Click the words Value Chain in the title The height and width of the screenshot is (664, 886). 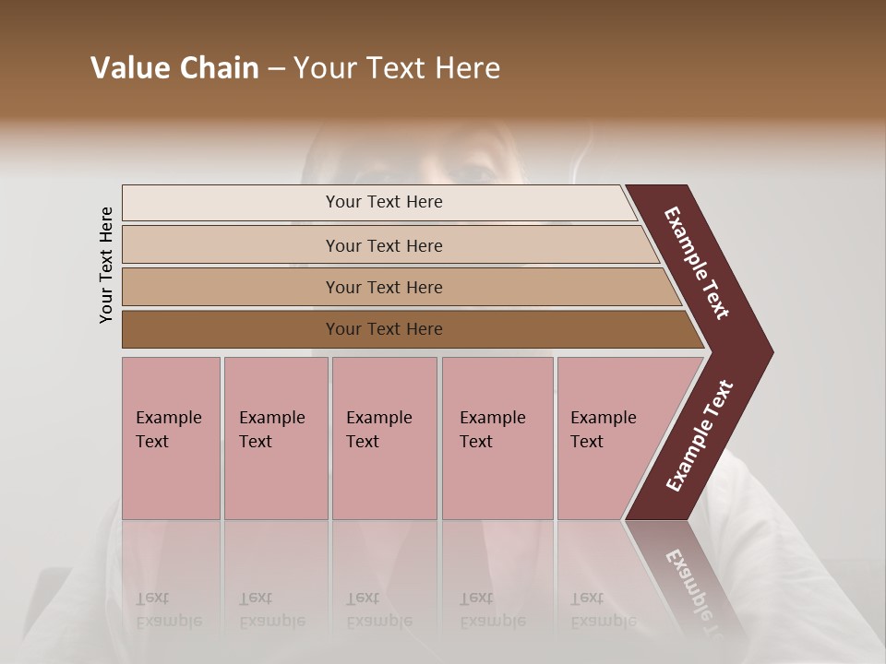click(174, 68)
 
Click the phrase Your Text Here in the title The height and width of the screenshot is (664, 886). click(397, 68)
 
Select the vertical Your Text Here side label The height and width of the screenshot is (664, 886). click(107, 265)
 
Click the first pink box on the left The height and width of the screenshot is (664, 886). click(171, 480)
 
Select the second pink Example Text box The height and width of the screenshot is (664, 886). click(276, 480)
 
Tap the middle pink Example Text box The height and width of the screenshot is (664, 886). click(384, 480)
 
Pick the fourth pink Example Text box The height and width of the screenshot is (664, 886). click(497, 480)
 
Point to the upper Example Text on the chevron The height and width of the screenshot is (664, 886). click(697, 263)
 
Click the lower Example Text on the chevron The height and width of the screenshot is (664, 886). click(699, 436)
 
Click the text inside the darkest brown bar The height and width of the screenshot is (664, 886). click(384, 329)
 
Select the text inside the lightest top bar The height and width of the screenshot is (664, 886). click(384, 202)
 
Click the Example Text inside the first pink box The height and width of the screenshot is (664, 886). click(168, 430)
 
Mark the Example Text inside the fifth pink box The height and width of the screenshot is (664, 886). click(603, 430)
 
